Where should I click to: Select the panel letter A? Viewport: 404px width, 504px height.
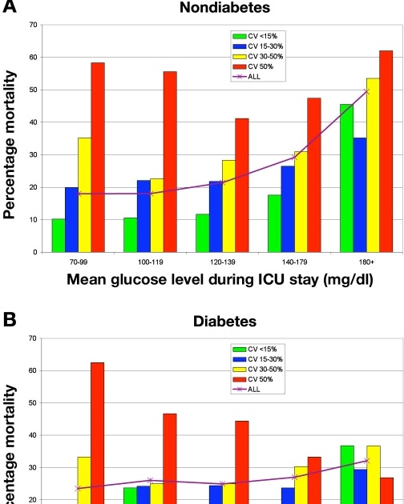tap(8, 7)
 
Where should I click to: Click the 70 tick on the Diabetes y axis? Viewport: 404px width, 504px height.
tap(32, 338)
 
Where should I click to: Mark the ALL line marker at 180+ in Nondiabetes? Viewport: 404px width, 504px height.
tap(367, 91)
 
